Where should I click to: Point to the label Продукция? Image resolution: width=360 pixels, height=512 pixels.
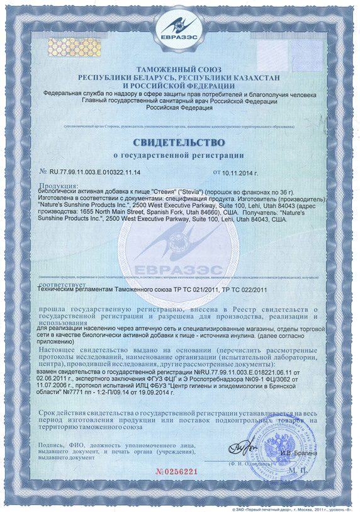pos(59,186)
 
